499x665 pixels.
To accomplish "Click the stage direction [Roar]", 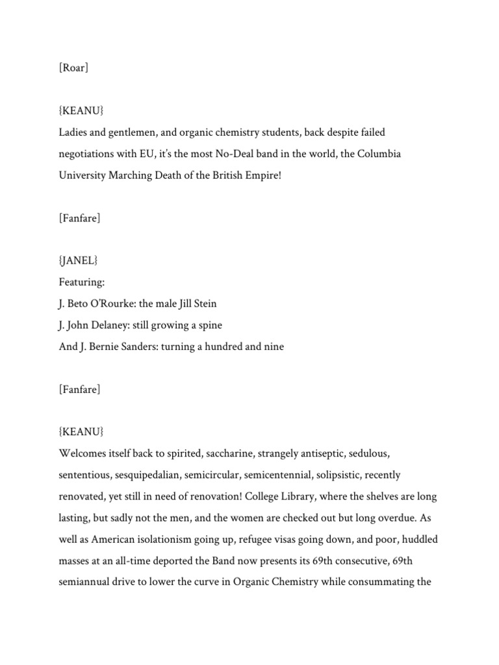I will tap(73, 68).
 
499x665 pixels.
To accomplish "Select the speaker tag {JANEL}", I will tap(77, 261).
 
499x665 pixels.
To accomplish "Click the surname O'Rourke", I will tap(110, 304).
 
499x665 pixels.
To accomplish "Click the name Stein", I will tap(204, 304).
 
